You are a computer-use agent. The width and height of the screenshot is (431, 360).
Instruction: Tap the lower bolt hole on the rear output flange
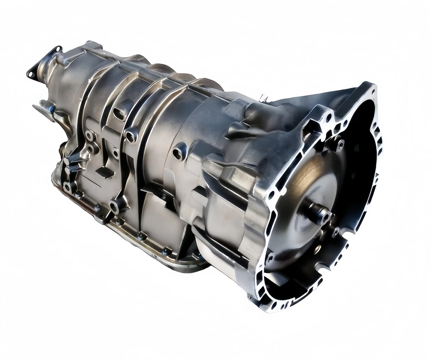[x=31, y=72]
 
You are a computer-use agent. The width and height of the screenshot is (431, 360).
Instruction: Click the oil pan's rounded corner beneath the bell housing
[x=198, y=265]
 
